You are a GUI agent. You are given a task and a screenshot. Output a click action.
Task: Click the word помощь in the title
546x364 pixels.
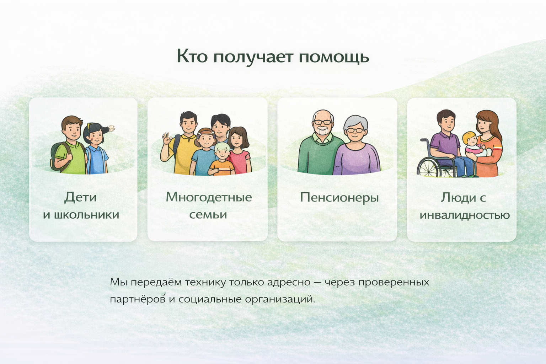click(x=334, y=57)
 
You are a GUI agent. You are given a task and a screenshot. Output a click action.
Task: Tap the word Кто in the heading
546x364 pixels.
click(x=192, y=56)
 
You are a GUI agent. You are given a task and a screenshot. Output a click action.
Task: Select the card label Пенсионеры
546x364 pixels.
click(x=339, y=198)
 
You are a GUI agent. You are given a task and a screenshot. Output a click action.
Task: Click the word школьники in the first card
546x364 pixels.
click(x=86, y=215)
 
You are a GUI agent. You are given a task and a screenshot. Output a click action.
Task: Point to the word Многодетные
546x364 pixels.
click(x=209, y=197)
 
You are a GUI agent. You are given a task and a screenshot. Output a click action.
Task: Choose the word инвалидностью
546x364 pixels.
click(x=465, y=215)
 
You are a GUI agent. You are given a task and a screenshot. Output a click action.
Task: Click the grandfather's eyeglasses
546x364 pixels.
click(x=323, y=122)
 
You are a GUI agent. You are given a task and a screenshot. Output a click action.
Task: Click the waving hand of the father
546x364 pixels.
click(x=166, y=139)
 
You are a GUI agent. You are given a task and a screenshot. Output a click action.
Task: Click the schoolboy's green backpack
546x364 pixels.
click(x=59, y=156)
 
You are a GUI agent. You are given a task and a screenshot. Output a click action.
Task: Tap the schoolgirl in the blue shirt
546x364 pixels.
click(x=96, y=149)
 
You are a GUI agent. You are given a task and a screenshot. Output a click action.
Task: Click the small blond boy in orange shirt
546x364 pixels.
click(x=221, y=160)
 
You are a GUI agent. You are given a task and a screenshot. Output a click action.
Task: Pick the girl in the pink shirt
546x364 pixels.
click(x=238, y=151)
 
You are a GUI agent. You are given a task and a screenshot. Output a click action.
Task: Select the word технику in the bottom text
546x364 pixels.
click(x=205, y=282)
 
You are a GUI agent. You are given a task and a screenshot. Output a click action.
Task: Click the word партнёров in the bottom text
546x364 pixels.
click(x=138, y=299)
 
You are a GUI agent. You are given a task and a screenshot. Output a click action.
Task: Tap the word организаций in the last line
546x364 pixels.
click(x=280, y=299)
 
